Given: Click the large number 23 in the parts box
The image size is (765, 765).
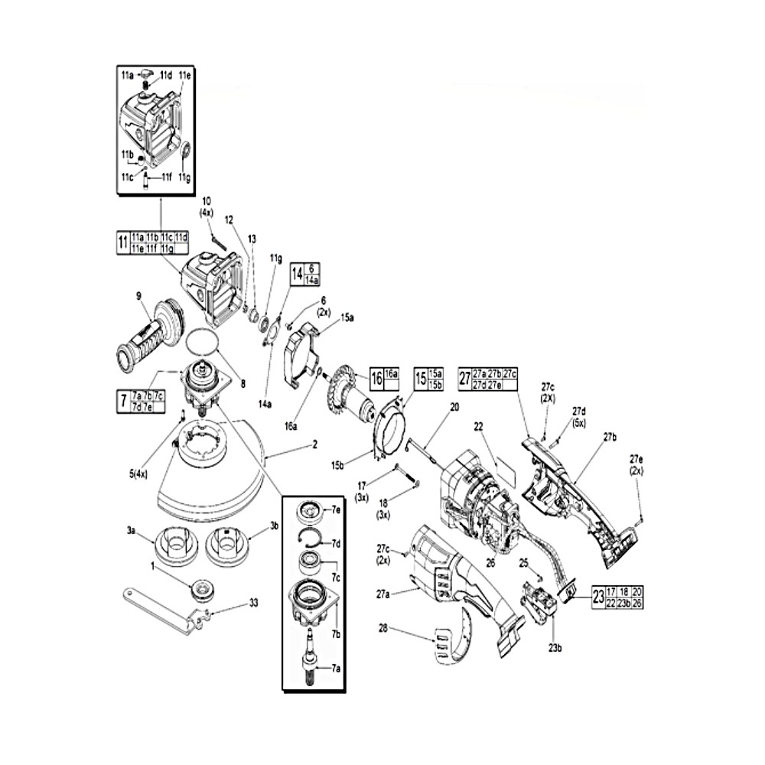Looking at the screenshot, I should coord(598,597).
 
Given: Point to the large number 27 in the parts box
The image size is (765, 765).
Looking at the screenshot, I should coord(465,378).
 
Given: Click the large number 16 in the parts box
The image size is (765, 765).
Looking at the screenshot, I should coord(377,378).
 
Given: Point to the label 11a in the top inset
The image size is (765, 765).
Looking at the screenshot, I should coord(126,75).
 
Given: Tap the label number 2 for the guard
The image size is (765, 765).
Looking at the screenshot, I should coord(314,444).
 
